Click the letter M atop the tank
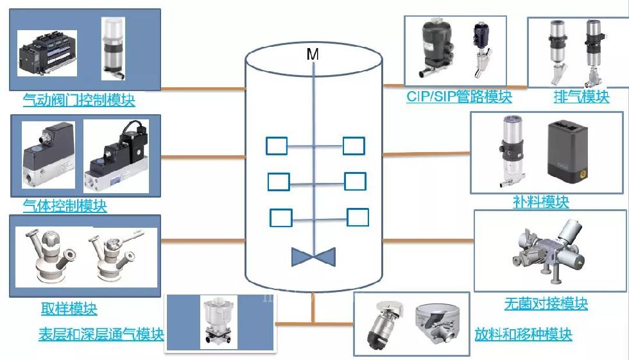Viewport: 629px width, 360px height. coord(313,54)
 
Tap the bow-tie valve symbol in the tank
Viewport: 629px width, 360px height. coord(313,257)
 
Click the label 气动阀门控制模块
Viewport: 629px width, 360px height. coord(79,100)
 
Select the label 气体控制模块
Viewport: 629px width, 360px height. coord(65,205)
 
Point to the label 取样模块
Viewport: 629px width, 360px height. coord(69,308)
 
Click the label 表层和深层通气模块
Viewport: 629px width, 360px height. coord(101,334)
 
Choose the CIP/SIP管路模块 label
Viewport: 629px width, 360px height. coord(460,97)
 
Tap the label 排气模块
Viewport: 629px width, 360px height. coord(582,97)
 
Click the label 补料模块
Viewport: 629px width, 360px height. coord(540,201)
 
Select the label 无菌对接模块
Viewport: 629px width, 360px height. coord(546,304)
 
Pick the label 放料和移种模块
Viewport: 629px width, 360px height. coord(524,334)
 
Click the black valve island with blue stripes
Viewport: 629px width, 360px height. coord(47,53)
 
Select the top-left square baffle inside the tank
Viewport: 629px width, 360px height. coord(277,146)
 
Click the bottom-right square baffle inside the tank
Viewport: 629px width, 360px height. coord(358,218)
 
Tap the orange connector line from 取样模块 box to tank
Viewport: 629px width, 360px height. coord(203,241)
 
